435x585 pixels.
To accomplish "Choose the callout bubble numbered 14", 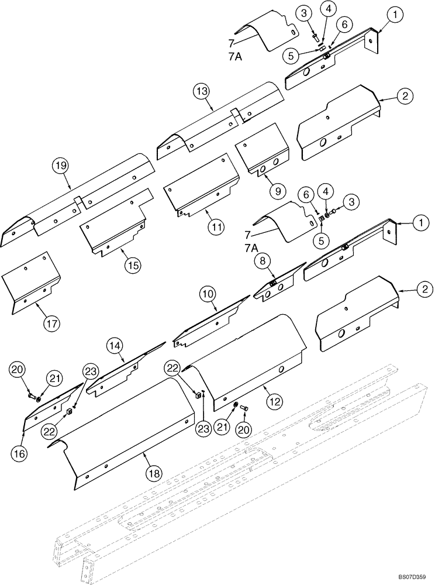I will (115, 346).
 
